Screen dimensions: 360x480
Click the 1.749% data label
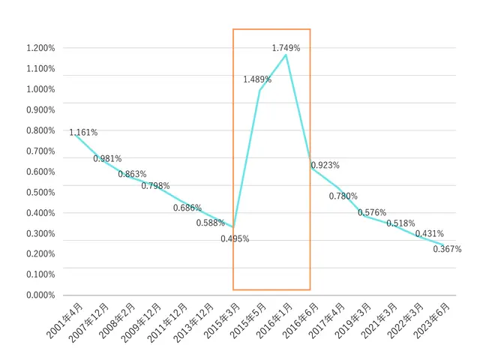coord(286,48)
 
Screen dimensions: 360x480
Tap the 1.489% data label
coord(256,79)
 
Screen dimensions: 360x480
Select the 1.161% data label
coord(83,133)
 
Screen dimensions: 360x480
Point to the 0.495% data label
coord(235,239)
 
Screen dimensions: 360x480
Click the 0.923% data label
coord(325,165)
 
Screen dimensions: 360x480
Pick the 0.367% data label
coord(447,249)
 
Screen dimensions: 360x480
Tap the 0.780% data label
coord(343,196)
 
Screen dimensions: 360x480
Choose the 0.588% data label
coord(211,223)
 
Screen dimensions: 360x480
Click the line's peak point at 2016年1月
coord(286,55)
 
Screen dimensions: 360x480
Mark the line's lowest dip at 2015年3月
coord(234,227)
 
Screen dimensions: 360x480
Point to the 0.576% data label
coord(372,213)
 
